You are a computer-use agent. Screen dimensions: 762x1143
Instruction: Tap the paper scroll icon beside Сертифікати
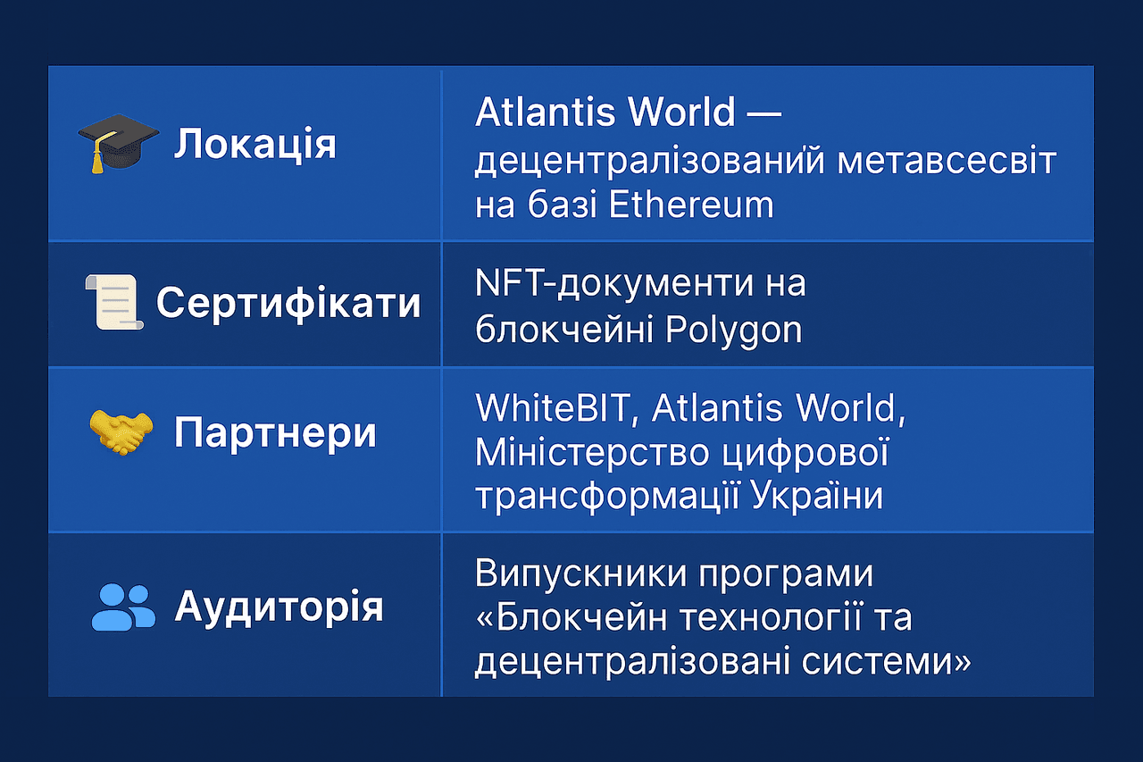[x=113, y=303]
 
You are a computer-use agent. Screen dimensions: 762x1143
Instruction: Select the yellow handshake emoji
[x=121, y=432]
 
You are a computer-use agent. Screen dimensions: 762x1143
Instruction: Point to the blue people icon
[x=123, y=607]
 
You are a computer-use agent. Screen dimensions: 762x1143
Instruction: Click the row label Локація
[x=255, y=144]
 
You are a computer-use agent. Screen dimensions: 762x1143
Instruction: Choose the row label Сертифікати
[x=288, y=304]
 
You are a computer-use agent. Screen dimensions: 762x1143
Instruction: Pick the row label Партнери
[x=275, y=433]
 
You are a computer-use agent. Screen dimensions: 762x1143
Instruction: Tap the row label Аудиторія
[x=279, y=607]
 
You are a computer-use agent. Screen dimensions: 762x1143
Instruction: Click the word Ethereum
[x=690, y=205]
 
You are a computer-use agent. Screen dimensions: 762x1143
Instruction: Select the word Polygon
[x=734, y=331]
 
